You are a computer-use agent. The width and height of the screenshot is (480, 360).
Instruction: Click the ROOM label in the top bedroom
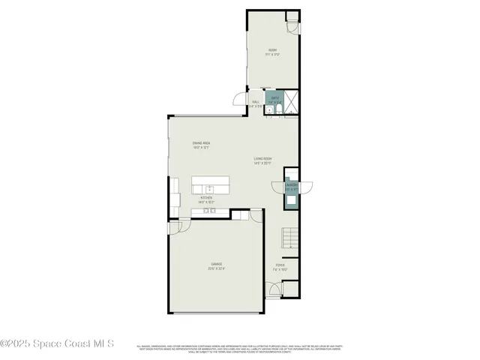274,49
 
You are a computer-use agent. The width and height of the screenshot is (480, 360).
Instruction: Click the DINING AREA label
201,142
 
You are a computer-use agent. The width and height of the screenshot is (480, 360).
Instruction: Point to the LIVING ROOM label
262,158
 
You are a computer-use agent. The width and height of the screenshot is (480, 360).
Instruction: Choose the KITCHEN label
206,198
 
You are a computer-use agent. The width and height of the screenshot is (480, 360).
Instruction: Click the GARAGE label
216,264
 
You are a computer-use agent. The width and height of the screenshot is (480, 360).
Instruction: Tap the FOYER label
280,264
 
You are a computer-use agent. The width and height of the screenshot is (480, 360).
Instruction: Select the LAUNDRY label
291,184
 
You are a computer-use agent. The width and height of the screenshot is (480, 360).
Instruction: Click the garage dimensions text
216,268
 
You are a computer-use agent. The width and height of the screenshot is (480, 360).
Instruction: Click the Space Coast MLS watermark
57,344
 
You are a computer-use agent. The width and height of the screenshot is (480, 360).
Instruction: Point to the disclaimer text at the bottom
240,348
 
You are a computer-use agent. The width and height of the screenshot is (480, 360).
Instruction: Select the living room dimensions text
262,163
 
